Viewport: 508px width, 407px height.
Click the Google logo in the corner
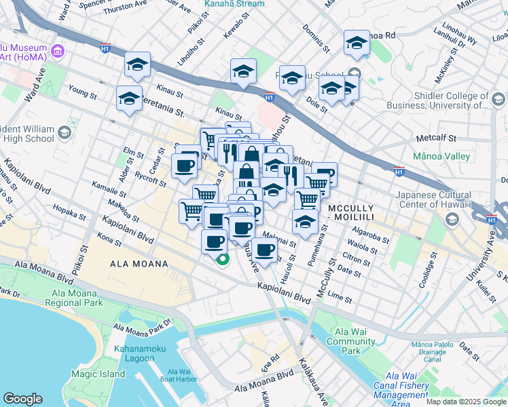(22, 399)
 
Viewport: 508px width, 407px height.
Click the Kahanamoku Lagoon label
(143, 353)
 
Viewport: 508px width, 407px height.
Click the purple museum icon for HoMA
(58, 52)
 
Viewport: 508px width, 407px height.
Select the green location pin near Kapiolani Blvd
(222, 260)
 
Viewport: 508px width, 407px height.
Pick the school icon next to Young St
(129, 98)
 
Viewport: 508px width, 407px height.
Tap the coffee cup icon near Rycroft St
(184, 166)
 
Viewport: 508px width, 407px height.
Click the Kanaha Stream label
(234, 4)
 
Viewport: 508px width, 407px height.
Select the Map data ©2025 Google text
(466, 402)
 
